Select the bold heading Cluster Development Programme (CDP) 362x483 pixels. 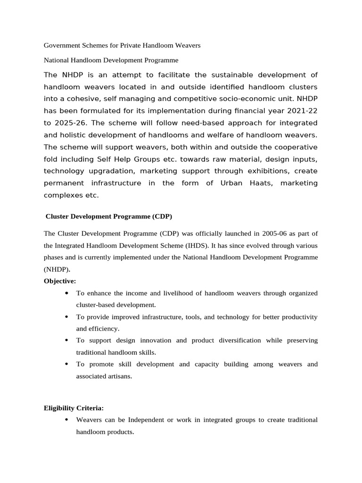coord(109,217)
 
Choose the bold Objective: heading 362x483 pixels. coord(60,281)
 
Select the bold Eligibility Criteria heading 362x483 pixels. coord(74,408)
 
